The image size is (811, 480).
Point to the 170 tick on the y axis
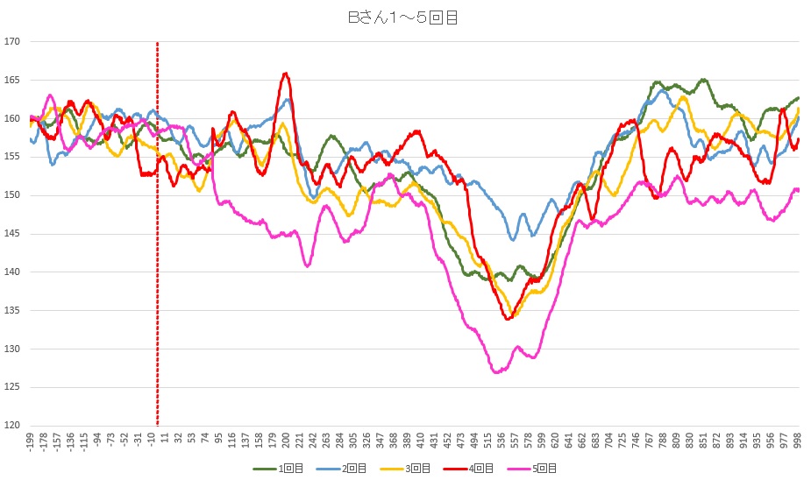[x=12, y=41]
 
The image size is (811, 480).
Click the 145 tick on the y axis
[x=12, y=234]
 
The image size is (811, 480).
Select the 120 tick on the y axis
[x=12, y=426]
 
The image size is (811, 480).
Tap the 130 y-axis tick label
[x=12, y=349]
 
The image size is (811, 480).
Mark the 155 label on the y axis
[x=12, y=157]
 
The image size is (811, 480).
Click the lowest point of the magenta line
[x=497, y=372]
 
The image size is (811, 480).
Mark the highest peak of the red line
[x=286, y=74]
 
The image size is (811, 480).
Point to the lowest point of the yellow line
[x=512, y=316]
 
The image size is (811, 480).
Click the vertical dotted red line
[x=157, y=263]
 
